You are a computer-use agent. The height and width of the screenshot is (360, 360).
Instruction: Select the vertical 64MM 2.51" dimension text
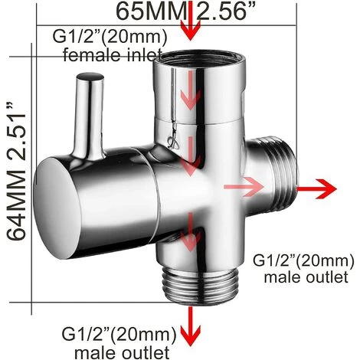(x=16, y=172)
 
